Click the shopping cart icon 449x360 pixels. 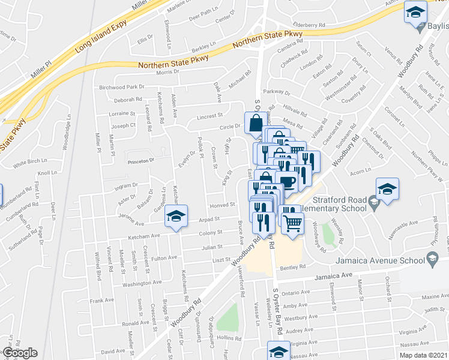[x=293, y=223]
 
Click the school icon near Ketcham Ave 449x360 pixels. [x=177, y=217]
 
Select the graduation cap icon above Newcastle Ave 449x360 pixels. [x=387, y=189]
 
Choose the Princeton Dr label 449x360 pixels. [x=140, y=160]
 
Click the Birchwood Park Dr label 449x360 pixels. [x=122, y=87]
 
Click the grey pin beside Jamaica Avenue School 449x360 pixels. [x=432, y=259]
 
